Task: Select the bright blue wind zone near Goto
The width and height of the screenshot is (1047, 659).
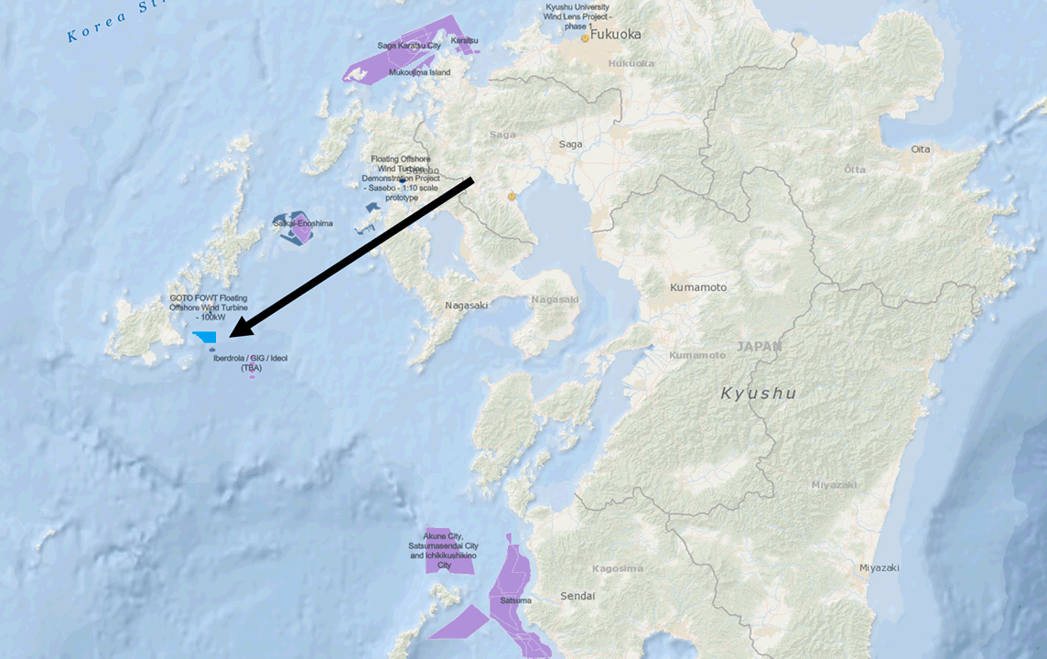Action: pyautogui.click(x=205, y=338)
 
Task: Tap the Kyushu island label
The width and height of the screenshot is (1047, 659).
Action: pyautogui.click(x=758, y=394)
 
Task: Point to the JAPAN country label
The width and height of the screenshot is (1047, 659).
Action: pyautogui.click(x=760, y=347)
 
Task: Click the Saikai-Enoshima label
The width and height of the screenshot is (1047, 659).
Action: pyautogui.click(x=302, y=223)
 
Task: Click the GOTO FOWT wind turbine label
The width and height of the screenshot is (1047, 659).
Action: pyautogui.click(x=209, y=308)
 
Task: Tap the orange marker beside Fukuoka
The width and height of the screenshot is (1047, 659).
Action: pyautogui.click(x=585, y=38)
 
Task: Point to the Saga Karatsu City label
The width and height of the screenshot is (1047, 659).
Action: pyautogui.click(x=408, y=45)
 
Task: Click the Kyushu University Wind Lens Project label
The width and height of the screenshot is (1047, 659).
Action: pyautogui.click(x=578, y=16)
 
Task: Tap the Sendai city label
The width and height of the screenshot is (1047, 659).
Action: pyautogui.click(x=577, y=596)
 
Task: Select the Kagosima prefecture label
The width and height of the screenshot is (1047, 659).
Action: pyautogui.click(x=617, y=568)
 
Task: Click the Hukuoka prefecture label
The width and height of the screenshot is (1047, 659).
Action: pyautogui.click(x=631, y=63)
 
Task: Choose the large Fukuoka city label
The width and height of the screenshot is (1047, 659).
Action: pyautogui.click(x=616, y=35)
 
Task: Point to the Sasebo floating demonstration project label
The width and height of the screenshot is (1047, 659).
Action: pyautogui.click(x=405, y=178)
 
